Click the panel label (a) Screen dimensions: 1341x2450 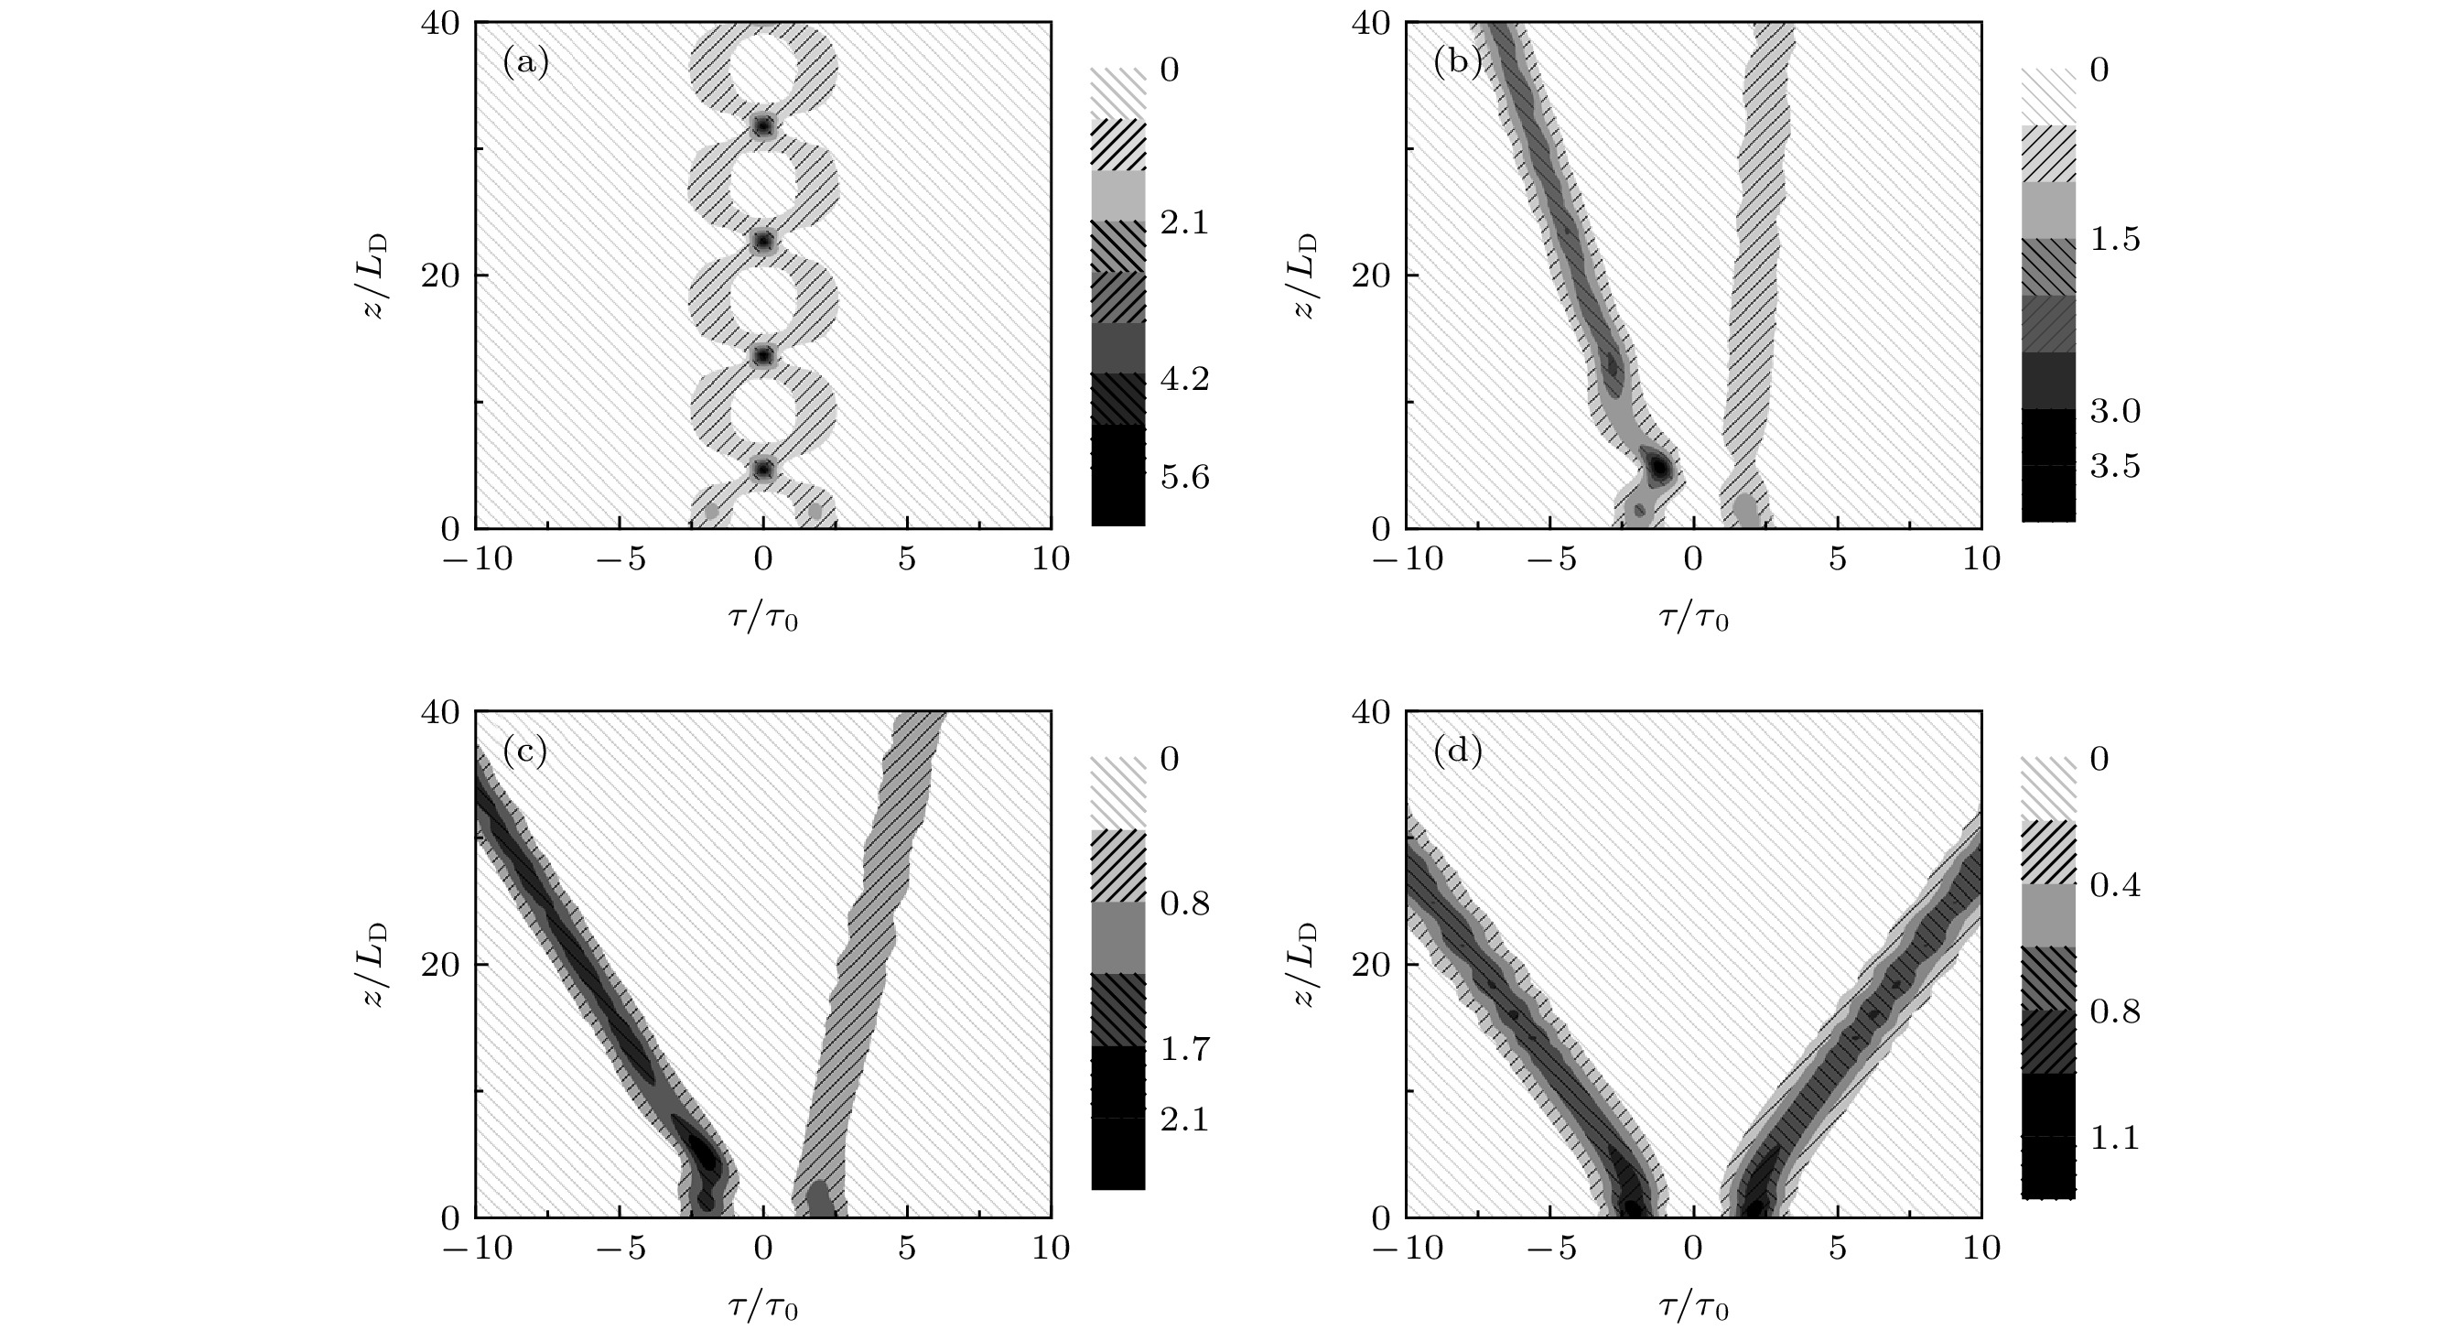pyautogui.click(x=525, y=64)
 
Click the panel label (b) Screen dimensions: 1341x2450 pyautogui.click(x=1457, y=64)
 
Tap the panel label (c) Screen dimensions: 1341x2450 pyautogui.click(x=525, y=752)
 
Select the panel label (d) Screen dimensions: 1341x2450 pyautogui.click(x=1457, y=752)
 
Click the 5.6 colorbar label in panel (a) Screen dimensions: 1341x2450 pyautogui.click(x=1185, y=478)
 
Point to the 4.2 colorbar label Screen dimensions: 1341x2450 pyautogui.click(x=1185, y=380)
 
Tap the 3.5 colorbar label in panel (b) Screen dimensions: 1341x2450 pyautogui.click(x=2115, y=466)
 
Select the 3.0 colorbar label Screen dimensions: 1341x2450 pyautogui.click(x=2115, y=411)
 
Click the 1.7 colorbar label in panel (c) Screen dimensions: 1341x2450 pyautogui.click(x=1185, y=1050)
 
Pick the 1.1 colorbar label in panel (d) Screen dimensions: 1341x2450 pyautogui.click(x=2115, y=1138)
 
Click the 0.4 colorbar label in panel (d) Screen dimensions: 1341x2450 pyautogui.click(x=2115, y=885)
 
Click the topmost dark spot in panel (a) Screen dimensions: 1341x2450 pyautogui.click(x=763, y=126)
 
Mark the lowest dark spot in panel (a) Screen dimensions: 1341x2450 pyautogui.click(x=763, y=470)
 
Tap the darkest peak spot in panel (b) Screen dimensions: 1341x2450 pyautogui.click(x=1658, y=468)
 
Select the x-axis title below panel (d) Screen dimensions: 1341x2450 pyautogui.click(x=1694, y=1309)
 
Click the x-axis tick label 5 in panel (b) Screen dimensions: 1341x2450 pyautogui.click(x=1838, y=559)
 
